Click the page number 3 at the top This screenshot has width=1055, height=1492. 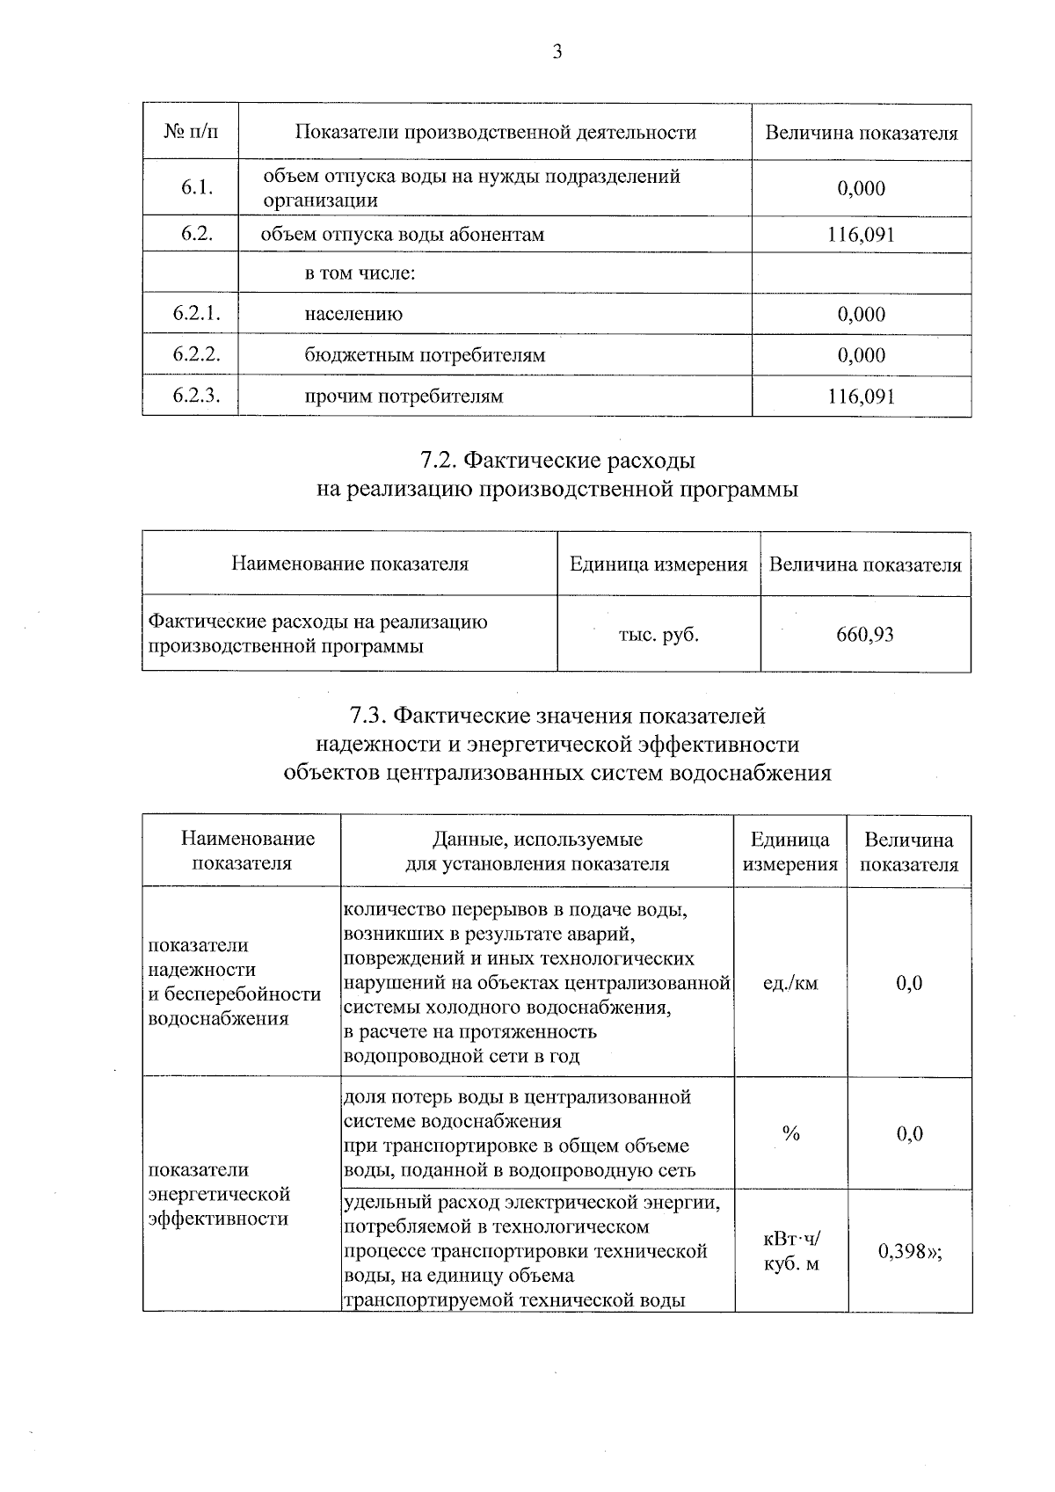coord(557,52)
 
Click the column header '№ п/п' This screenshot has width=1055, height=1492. coord(190,133)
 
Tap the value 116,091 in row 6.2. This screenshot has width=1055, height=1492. coord(861,235)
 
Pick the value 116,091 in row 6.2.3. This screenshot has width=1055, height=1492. coord(861,396)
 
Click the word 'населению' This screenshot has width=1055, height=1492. coord(353,314)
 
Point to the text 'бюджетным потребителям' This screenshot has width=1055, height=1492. coord(425,355)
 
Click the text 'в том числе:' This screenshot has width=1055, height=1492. coord(360,273)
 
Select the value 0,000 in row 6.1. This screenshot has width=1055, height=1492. coord(861,187)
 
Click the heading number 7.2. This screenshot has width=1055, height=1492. coord(438,460)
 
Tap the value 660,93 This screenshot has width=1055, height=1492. coord(865,634)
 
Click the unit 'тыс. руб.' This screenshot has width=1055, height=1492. coord(658,634)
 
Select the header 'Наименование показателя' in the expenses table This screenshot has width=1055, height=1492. coord(349,564)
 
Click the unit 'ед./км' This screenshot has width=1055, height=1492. coord(790,983)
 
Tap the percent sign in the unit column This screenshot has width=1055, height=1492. coord(790,1133)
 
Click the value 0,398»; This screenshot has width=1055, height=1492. coord(910,1251)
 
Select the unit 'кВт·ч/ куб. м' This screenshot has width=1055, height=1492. coord(790,1252)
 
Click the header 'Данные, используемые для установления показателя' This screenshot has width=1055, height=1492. coord(536,851)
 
